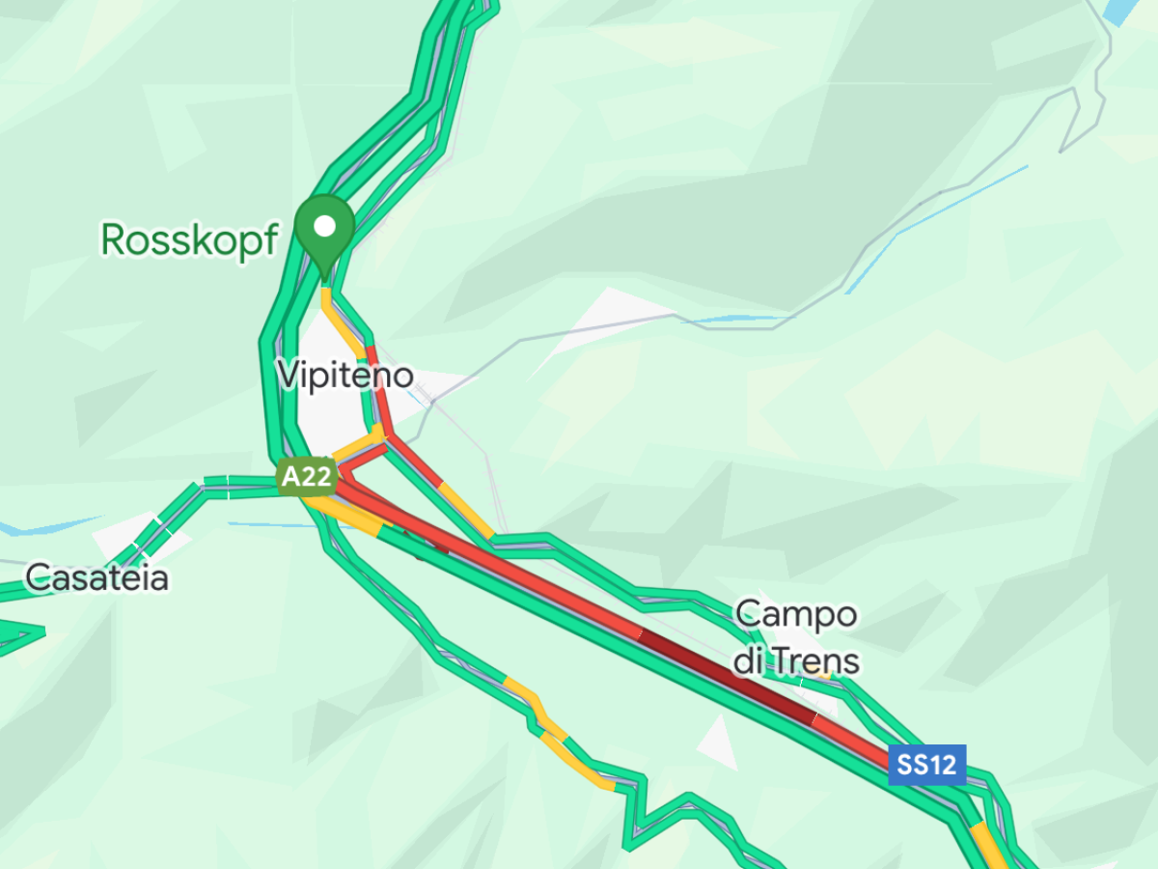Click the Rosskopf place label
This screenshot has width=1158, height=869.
pyautogui.click(x=189, y=240)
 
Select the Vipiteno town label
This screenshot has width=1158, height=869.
pyautogui.click(x=345, y=375)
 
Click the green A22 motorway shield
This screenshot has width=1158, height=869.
pyautogui.click(x=306, y=476)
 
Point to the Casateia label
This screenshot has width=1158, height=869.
pyautogui.click(x=96, y=578)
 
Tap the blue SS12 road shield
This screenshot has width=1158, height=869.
pyautogui.click(x=926, y=765)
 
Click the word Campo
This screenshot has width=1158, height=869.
pyautogui.click(x=796, y=614)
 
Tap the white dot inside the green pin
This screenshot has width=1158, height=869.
pyautogui.click(x=325, y=226)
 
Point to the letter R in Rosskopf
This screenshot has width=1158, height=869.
pyautogui.click(x=114, y=240)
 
